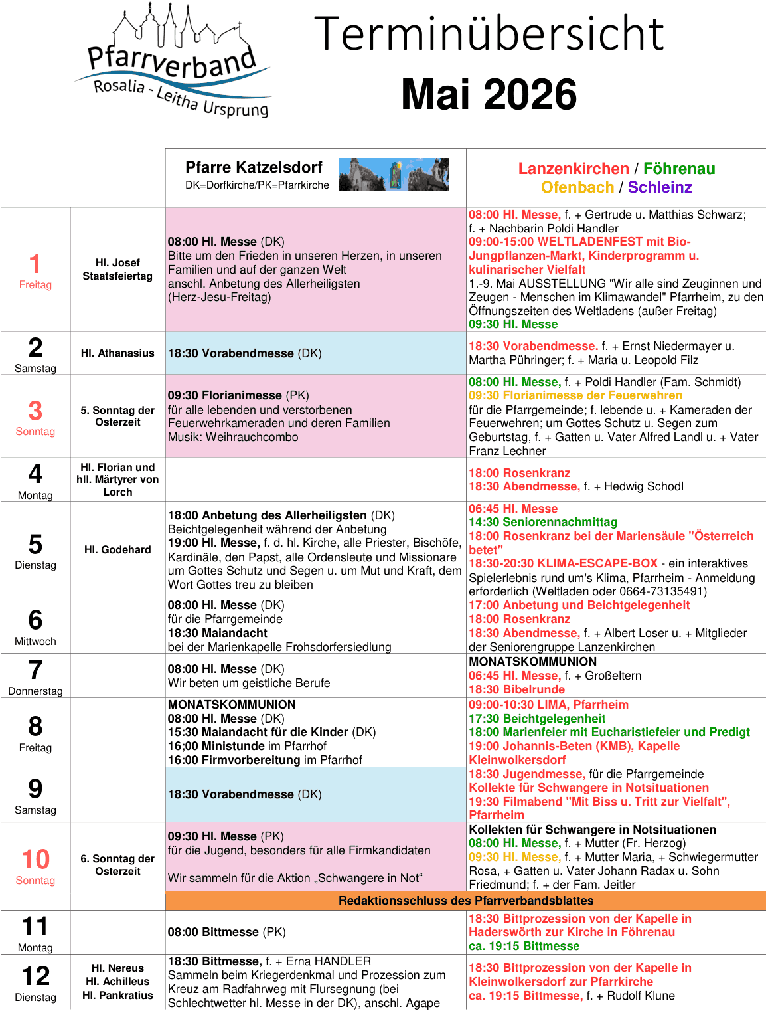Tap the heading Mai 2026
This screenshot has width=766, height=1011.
(x=489, y=94)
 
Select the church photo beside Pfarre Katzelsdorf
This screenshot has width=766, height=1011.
(x=393, y=174)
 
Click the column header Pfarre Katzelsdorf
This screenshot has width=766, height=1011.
(x=254, y=167)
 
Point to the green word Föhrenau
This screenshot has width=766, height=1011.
(x=679, y=169)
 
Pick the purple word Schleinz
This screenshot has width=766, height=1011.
(x=660, y=187)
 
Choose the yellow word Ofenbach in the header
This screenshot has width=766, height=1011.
(x=577, y=187)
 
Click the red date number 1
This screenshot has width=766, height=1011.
(x=35, y=264)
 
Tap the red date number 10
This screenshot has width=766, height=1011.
(x=36, y=859)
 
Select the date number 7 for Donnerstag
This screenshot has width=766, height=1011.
(x=36, y=670)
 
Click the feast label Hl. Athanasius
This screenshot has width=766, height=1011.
(x=117, y=353)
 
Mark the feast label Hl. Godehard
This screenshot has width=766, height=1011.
(x=117, y=550)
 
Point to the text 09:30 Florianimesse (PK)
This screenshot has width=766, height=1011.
(x=238, y=395)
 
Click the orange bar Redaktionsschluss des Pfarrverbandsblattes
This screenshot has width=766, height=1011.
(x=466, y=901)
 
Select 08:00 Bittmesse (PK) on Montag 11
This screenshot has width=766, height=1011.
(x=226, y=932)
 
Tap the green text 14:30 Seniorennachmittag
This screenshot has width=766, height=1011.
(x=543, y=522)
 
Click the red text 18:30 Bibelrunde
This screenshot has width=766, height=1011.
(x=516, y=689)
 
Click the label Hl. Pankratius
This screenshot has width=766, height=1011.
(x=117, y=995)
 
